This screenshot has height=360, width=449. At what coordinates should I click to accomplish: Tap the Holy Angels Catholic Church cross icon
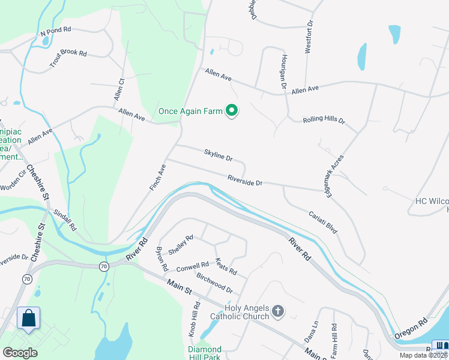tap(277, 311)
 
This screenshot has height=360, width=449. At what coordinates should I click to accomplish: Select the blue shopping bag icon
tap(29, 319)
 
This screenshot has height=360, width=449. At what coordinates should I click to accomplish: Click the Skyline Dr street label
tap(218, 157)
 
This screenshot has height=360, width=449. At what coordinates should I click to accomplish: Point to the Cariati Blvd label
tap(323, 221)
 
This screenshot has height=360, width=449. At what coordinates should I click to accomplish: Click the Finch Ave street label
tap(157, 178)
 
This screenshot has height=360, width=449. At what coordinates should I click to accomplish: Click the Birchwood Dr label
tap(214, 283)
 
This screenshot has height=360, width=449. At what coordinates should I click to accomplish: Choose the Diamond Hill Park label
tap(205, 353)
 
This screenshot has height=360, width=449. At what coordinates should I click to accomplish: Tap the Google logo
tap(20, 353)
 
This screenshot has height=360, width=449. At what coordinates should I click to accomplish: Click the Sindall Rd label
tap(65, 220)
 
